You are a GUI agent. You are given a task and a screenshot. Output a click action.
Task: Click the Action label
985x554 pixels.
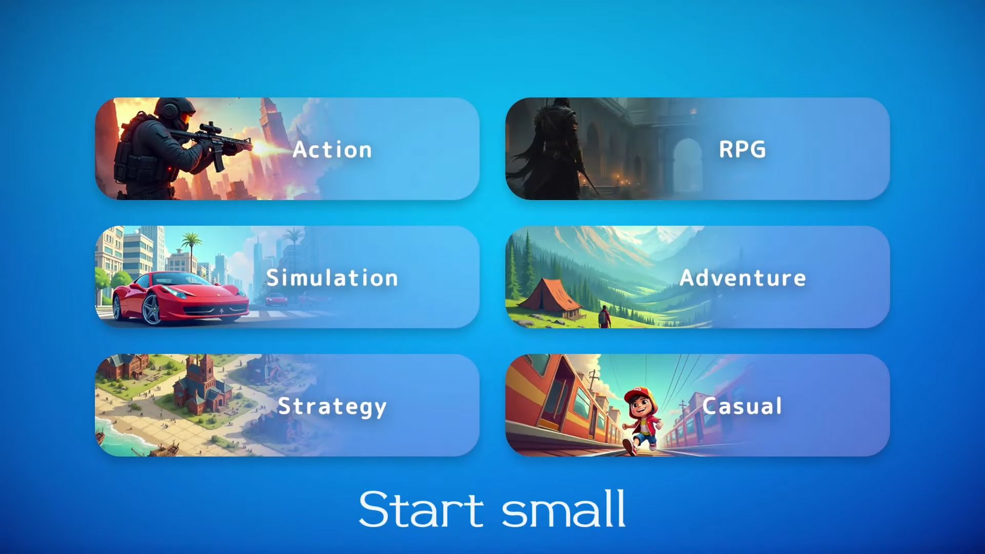[332, 150]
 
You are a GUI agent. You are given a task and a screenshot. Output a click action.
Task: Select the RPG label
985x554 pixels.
[742, 150]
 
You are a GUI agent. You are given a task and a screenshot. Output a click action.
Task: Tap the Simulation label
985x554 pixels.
[332, 278]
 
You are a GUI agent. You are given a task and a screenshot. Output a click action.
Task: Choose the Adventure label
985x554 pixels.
[742, 278]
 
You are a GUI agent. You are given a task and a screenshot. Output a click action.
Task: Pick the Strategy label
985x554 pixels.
[332, 407]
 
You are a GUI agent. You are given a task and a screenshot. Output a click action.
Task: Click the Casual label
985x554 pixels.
[742, 406]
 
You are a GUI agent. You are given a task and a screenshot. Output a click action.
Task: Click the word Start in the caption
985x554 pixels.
[421, 509]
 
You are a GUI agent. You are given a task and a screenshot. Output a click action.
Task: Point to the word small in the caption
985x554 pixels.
[563, 509]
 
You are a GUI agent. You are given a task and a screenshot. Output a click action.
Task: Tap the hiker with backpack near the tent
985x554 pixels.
[605, 316]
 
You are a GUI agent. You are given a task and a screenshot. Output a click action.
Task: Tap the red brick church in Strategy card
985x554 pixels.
[203, 387]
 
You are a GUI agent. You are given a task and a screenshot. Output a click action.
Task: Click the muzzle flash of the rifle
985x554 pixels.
[267, 148]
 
